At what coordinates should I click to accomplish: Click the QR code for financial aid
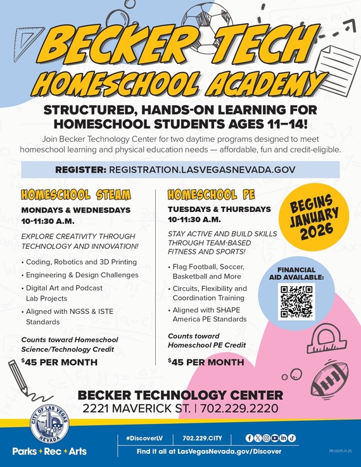(x=296, y=301)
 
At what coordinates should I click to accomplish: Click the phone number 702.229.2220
(x=239, y=409)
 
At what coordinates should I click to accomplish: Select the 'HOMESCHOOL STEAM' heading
(x=76, y=194)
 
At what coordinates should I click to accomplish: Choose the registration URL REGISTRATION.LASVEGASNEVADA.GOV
(x=203, y=170)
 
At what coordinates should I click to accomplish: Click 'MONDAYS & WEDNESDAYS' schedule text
(x=76, y=209)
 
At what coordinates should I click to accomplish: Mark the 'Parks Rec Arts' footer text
(x=49, y=451)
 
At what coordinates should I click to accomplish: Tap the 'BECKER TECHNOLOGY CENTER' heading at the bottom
(x=180, y=395)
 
